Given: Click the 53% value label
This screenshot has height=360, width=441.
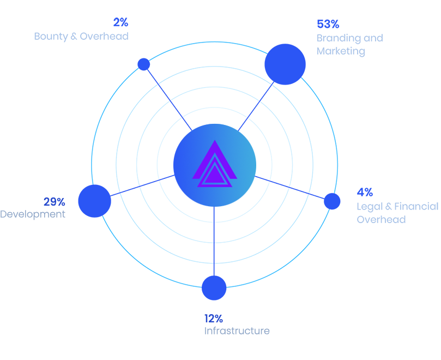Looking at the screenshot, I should (x=328, y=24).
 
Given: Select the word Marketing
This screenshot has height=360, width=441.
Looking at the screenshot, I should (x=341, y=51).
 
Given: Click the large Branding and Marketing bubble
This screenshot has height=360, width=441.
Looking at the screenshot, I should (x=285, y=64).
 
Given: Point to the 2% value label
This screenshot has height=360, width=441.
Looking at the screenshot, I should (x=120, y=23).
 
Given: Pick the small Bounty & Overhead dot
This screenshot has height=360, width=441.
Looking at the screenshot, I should (x=144, y=64).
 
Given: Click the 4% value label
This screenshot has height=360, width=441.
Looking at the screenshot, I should (x=365, y=192).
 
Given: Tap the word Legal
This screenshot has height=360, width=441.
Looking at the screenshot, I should (x=369, y=207).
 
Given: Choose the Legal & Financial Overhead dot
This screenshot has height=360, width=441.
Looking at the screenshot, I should (x=332, y=201).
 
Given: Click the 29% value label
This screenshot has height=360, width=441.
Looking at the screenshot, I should (x=54, y=201).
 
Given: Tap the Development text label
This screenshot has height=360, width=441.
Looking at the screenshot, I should (x=32, y=214).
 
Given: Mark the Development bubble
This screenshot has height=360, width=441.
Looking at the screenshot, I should (x=94, y=201).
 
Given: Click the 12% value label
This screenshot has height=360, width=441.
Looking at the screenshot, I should (x=213, y=319).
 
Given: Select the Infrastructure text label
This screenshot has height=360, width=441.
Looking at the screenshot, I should (x=237, y=331).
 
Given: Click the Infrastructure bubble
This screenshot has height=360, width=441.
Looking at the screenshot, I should (x=214, y=287).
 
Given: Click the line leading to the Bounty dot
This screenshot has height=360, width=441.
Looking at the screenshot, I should (x=166, y=95).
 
